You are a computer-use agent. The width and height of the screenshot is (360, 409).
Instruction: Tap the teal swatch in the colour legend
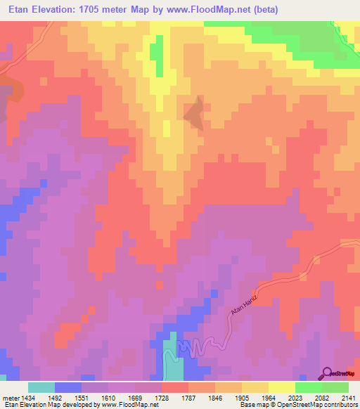[41, 387]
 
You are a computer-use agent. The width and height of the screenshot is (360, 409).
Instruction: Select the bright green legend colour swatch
[309, 387]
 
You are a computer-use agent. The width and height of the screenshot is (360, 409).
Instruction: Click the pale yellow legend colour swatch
[282, 387]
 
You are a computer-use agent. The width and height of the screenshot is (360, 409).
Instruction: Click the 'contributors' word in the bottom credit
[341, 405]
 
